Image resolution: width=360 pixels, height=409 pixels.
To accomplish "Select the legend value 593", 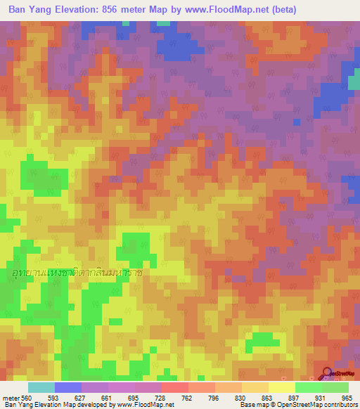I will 53,398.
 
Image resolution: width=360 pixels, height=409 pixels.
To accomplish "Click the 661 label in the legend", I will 107,398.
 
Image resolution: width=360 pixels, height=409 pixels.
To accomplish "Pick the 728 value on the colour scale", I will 160,398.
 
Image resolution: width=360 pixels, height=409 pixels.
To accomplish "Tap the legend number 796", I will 214,398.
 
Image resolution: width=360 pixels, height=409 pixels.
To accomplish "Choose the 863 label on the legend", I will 267,398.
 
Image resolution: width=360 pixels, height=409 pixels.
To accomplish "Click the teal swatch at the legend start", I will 41,387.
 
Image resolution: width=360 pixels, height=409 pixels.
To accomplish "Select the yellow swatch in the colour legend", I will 281,387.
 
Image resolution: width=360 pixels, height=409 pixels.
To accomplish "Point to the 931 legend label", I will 321,398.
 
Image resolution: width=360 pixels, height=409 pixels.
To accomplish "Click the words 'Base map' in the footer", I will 252,405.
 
